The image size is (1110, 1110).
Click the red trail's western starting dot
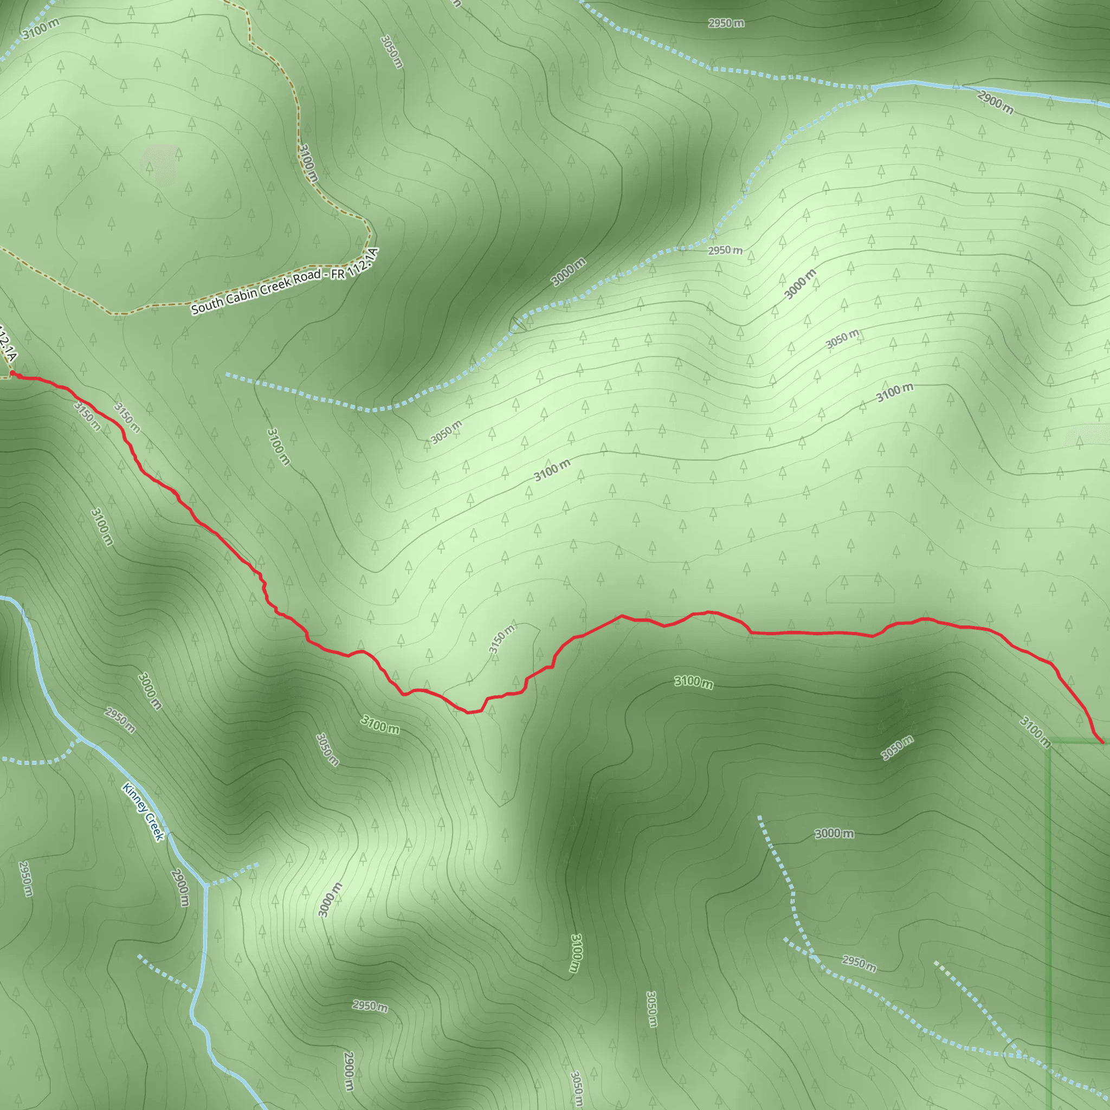12,373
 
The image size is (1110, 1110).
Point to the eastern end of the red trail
1102,743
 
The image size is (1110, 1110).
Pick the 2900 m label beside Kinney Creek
180,888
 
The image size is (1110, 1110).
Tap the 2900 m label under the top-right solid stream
995,102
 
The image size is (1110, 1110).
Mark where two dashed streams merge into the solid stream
874,88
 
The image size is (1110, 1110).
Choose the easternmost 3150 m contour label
501,638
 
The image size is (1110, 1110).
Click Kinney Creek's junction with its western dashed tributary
80,738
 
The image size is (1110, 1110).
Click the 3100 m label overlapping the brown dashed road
308,163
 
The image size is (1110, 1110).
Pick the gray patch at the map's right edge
1087,437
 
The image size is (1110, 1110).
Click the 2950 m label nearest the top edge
726,23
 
